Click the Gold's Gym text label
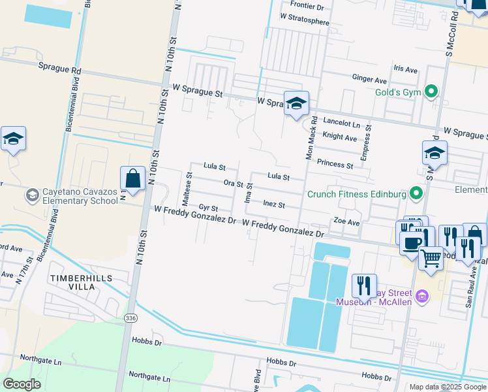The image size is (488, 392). click(x=398, y=92)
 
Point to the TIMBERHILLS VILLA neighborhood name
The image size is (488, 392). click(x=81, y=282)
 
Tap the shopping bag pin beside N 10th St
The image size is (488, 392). click(x=132, y=178)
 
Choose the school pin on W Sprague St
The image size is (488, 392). click(x=296, y=103)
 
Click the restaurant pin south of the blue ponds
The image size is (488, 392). click(x=363, y=286)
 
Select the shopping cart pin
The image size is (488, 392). click(x=431, y=258)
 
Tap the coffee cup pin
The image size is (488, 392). click(x=411, y=243)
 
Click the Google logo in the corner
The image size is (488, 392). click(x=22, y=384)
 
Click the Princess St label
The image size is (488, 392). click(x=335, y=163)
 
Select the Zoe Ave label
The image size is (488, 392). click(x=346, y=222)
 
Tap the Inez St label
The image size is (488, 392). click(x=274, y=204)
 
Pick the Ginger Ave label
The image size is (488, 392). click(x=369, y=80)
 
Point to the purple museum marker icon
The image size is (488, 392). click(x=421, y=297)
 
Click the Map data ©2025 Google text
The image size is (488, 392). click(x=447, y=387)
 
